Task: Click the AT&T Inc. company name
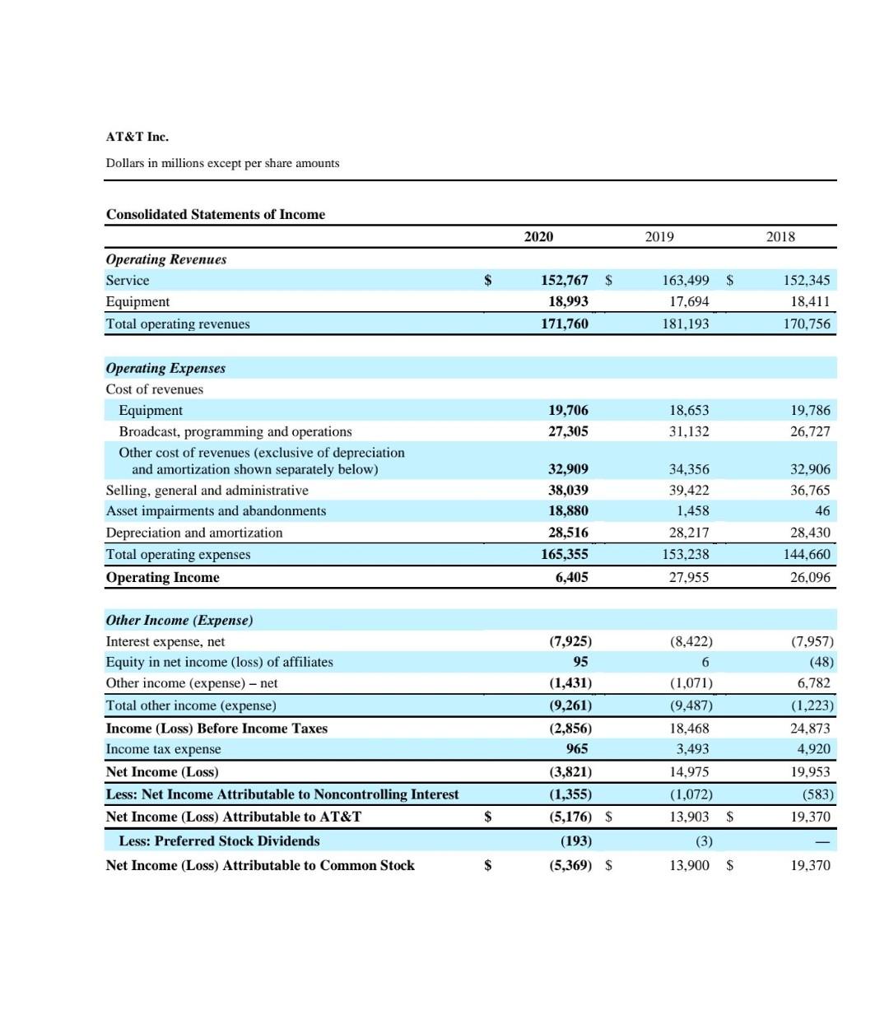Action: (x=137, y=137)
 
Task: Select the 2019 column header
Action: (x=659, y=237)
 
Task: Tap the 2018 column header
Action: (x=780, y=237)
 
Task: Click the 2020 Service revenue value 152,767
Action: (x=565, y=281)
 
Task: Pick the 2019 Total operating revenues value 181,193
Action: (x=685, y=324)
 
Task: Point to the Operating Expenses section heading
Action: (x=165, y=368)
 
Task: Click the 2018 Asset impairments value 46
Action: (x=822, y=511)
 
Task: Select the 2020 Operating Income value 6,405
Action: (x=571, y=578)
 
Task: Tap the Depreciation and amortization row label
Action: (x=194, y=533)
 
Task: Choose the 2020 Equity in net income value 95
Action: (x=580, y=662)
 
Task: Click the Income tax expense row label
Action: (x=163, y=749)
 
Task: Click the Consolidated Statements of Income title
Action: (x=216, y=215)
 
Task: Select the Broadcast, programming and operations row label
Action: (x=235, y=431)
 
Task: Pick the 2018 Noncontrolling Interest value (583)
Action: (x=817, y=794)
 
